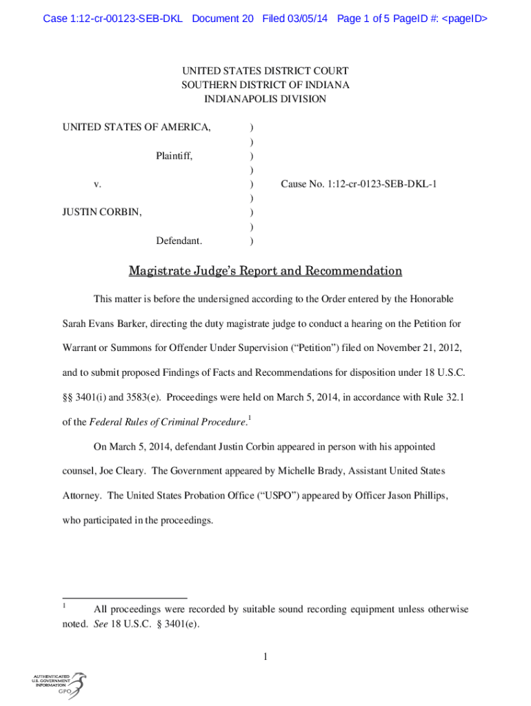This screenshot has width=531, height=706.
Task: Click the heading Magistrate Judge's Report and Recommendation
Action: coord(265,271)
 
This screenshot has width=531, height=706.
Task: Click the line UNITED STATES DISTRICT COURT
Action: coord(265,71)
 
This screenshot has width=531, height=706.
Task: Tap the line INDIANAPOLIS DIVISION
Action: coord(265,99)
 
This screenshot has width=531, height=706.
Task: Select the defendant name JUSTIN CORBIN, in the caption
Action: coord(102,212)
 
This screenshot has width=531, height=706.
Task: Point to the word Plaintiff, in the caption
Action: coord(174,157)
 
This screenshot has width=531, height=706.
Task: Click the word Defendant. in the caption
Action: coord(179,241)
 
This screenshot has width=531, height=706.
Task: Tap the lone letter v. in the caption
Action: coord(98,184)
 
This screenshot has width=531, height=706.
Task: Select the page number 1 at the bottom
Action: coord(265,656)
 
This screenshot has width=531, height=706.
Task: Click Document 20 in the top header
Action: coord(223,19)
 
